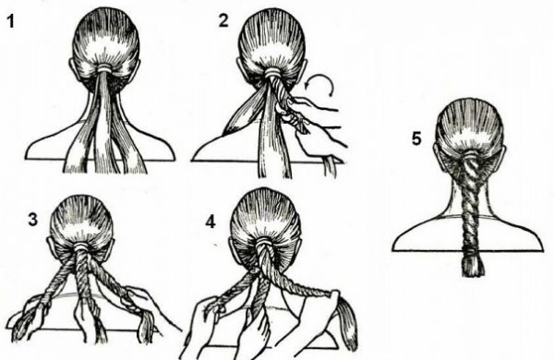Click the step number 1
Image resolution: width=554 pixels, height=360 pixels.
[10, 21]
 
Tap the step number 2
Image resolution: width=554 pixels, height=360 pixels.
[223, 20]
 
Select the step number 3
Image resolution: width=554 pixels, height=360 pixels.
[32, 220]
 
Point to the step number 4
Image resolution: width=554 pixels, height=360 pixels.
[211, 222]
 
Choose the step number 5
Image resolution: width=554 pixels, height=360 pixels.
[416, 138]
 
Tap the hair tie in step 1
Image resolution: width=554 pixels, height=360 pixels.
[106, 68]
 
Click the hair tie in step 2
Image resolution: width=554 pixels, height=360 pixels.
[272, 73]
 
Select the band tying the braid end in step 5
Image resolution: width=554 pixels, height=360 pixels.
[471, 253]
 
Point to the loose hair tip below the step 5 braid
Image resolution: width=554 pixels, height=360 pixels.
[473, 267]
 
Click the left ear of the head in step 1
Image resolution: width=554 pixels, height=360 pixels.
[72, 68]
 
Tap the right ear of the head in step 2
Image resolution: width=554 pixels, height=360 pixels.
[305, 70]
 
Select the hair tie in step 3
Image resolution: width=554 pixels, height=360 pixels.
[81, 246]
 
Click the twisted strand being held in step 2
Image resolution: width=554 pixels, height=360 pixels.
[286, 102]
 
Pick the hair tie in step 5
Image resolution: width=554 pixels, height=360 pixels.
[470, 154]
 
